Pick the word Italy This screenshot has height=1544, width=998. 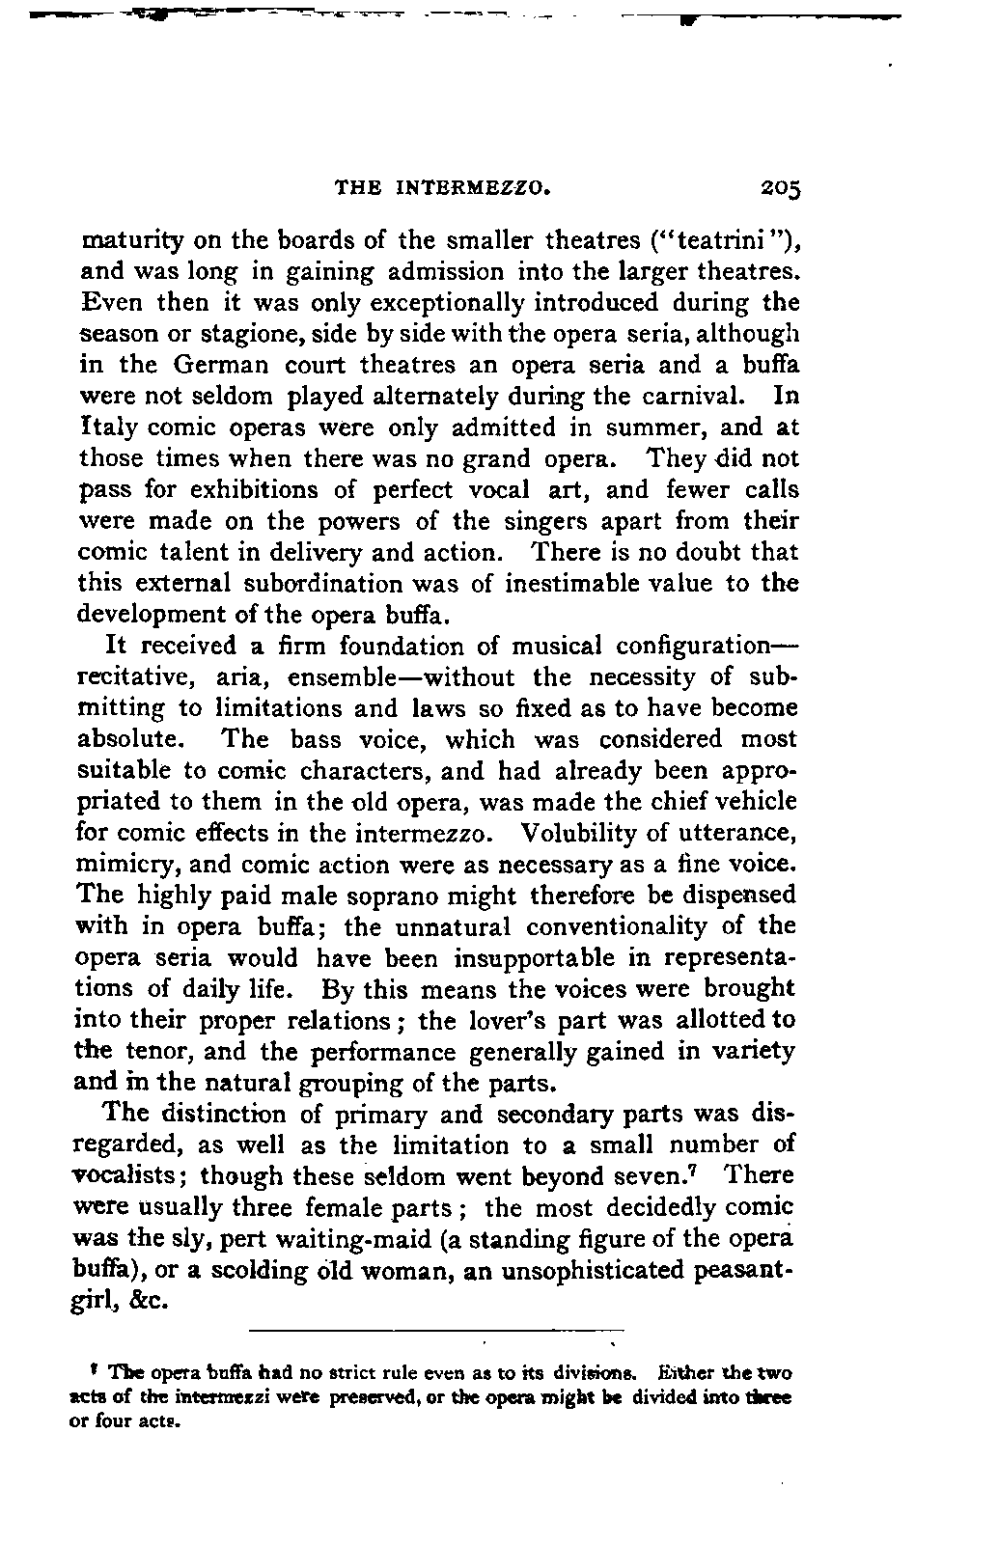[x=109, y=427]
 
